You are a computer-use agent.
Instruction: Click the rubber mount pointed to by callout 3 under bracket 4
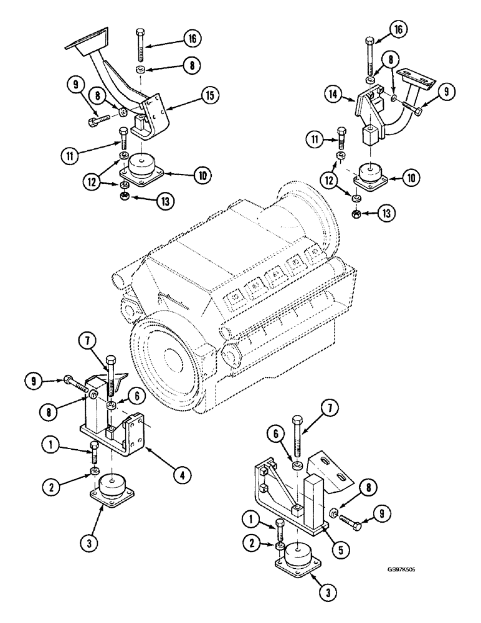[112, 486]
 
